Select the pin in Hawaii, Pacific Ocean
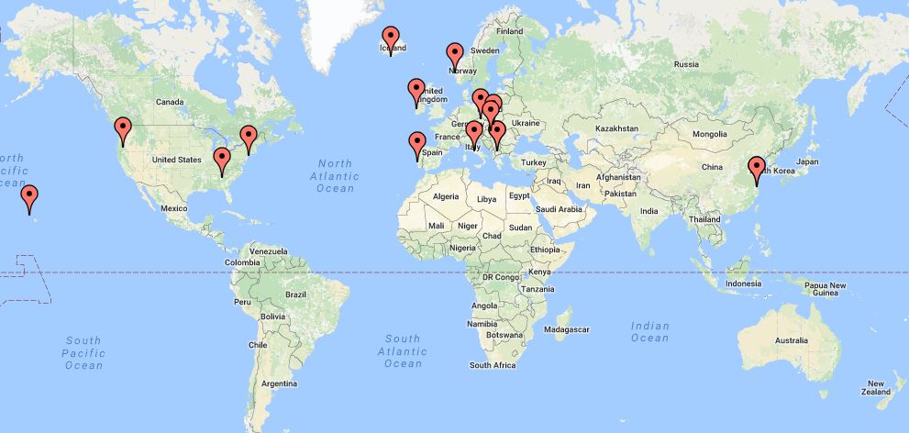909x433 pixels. click(30, 196)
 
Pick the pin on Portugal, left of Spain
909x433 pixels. click(417, 144)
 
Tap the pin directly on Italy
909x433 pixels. click(474, 133)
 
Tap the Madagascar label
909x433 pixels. click(565, 328)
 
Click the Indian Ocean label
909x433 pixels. click(649, 332)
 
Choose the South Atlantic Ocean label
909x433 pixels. click(402, 350)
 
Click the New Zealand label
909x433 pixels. click(876, 388)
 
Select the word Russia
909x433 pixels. click(686, 64)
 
